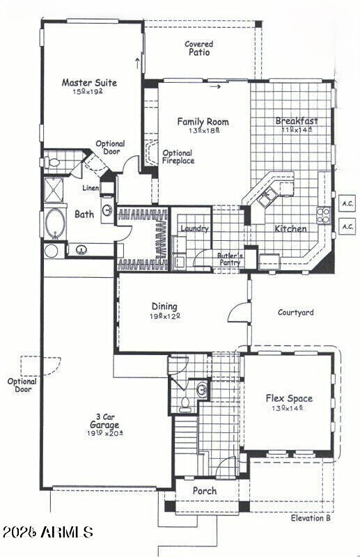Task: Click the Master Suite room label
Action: pyautogui.click(x=89, y=83)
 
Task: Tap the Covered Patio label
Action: pyautogui.click(x=199, y=48)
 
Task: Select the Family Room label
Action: pyautogui.click(x=203, y=122)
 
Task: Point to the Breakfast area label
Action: pyautogui.click(x=297, y=120)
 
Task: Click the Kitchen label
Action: pyautogui.click(x=290, y=228)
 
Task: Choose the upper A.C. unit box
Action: pyautogui.click(x=347, y=204)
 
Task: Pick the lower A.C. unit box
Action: pyautogui.click(x=347, y=226)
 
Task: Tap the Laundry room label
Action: pyautogui.click(x=194, y=228)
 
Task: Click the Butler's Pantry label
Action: pyautogui.click(x=229, y=258)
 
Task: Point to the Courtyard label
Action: pyautogui.click(x=295, y=313)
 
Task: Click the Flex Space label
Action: pyautogui.click(x=289, y=399)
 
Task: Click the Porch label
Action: pyautogui.click(x=205, y=491)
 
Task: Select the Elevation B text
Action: pyautogui.click(x=311, y=519)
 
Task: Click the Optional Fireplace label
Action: pyautogui.click(x=178, y=157)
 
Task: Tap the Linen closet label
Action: pyautogui.click(x=91, y=189)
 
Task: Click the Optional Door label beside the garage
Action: pyautogui.click(x=22, y=385)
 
